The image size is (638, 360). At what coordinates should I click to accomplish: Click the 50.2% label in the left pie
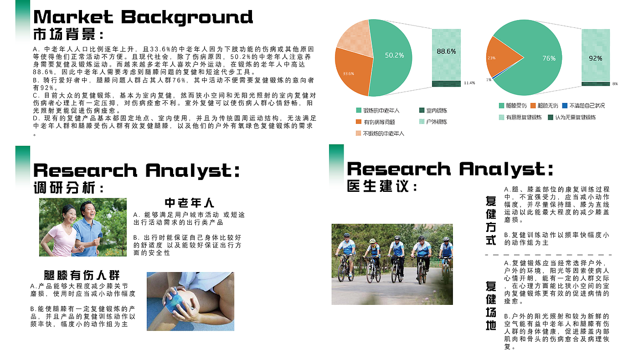(x=394, y=55)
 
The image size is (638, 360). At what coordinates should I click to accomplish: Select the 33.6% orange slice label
(x=348, y=74)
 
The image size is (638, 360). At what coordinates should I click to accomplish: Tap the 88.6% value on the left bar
(x=446, y=51)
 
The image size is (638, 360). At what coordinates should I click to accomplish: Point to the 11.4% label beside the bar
(x=469, y=83)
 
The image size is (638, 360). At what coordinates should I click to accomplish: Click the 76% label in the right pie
(x=549, y=58)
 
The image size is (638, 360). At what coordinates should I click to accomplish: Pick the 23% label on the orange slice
(x=491, y=58)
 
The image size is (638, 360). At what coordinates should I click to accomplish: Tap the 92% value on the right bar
(x=595, y=58)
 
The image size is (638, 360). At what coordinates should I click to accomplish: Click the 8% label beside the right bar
(x=615, y=84)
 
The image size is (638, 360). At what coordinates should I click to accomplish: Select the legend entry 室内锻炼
(x=433, y=110)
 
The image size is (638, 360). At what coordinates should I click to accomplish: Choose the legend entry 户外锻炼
(x=433, y=122)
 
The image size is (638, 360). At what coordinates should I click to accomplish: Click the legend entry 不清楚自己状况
(x=583, y=106)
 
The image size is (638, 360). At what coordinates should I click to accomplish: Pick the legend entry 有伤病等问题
(x=376, y=122)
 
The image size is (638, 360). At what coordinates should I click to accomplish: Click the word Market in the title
(x=73, y=17)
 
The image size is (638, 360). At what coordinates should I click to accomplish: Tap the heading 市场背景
(x=68, y=34)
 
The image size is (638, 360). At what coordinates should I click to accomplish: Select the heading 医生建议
(x=382, y=186)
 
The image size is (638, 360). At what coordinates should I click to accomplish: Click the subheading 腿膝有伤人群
(x=82, y=275)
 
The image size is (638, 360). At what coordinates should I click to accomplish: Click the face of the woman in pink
(x=70, y=215)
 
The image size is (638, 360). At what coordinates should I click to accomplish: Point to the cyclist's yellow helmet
(x=372, y=241)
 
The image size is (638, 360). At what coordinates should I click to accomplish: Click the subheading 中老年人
(x=190, y=203)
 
